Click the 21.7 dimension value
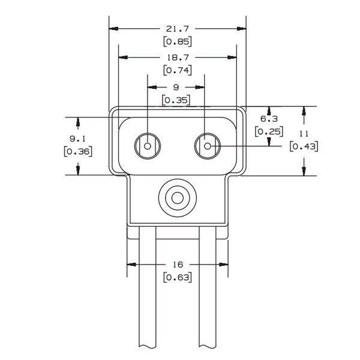coord(177,28)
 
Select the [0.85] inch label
coord(177,41)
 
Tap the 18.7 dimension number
coord(177,57)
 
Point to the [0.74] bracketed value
coord(177,70)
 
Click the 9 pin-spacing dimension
coord(176,86)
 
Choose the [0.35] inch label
coord(177,100)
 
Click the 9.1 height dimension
coord(77,138)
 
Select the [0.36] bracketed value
coord(77,151)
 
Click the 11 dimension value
coord(304,133)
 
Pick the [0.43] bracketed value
coord(304,146)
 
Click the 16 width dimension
coord(177,264)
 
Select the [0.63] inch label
coord(177,277)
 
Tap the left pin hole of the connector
coord(148,146)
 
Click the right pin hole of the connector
coord(207,146)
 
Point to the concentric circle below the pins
coord(177,197)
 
